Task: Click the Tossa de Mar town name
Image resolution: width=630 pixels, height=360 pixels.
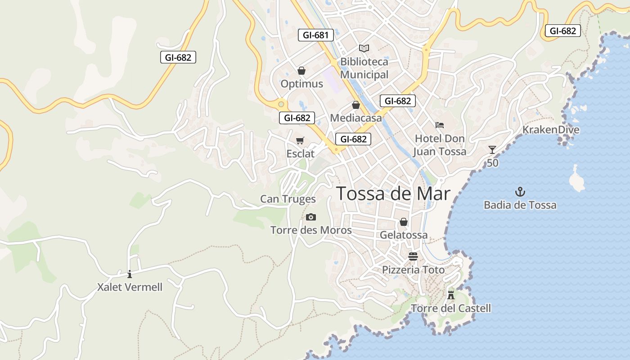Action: point(393,193)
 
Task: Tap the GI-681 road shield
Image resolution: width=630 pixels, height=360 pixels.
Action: point(316,35)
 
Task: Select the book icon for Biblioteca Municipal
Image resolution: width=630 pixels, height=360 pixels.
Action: point(364,48)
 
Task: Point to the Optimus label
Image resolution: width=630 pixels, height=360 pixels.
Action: point(301,84)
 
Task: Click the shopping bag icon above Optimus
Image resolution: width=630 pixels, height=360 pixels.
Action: point(301,71)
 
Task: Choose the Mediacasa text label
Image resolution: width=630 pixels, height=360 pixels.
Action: point(355,118)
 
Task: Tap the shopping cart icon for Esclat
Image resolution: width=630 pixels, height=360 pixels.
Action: point(300,140)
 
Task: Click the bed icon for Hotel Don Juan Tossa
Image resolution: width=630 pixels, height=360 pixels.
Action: point(440,125)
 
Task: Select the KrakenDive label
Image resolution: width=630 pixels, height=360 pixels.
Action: point(550,130)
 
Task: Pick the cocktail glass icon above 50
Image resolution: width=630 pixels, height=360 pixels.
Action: point(492,150)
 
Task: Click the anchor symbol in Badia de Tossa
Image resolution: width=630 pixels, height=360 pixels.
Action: point(520,192)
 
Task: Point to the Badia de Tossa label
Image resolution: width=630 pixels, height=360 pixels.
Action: point(520,205)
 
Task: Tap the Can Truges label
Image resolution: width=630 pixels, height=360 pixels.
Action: point(288,199)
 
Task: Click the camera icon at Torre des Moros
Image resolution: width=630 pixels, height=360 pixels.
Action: point(310,217)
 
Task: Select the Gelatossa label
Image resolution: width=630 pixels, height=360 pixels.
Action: point(404,235)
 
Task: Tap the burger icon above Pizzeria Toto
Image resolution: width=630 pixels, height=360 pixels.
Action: point(413,256)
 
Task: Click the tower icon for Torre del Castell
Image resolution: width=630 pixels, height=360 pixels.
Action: point(451,295)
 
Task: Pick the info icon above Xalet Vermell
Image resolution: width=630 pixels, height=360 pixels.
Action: point(130,274)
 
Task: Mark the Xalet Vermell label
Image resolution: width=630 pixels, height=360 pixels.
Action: point(130,287)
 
